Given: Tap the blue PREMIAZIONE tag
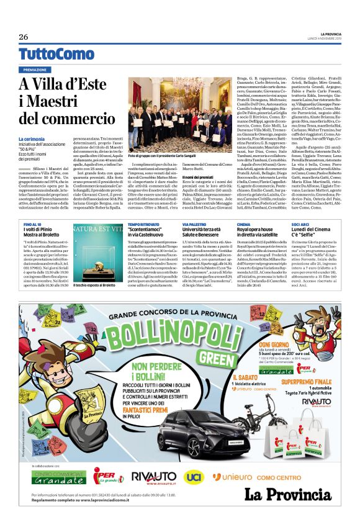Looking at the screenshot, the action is (x=35, y=70).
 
